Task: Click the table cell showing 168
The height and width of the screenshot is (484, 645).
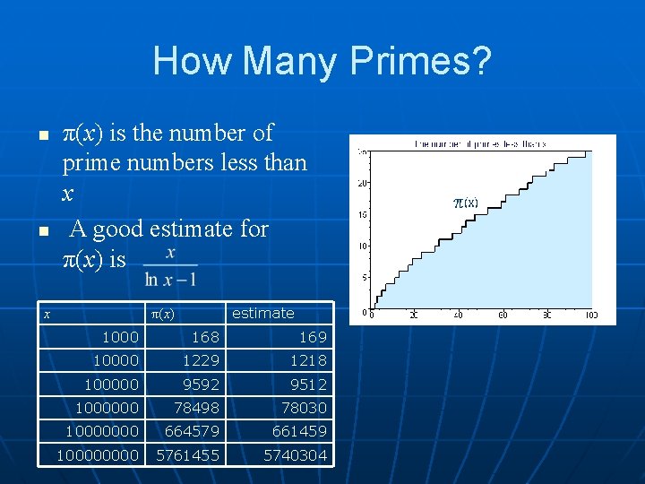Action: [205, 337]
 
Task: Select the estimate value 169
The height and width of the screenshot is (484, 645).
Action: [312, 337]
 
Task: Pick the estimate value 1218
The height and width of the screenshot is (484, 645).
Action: [307, 360]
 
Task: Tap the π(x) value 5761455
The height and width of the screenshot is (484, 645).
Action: [187, 455]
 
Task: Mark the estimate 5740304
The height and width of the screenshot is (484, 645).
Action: [295, 455]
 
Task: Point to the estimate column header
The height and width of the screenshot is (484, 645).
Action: [262, 313]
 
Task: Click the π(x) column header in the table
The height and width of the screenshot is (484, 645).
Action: [161, 313]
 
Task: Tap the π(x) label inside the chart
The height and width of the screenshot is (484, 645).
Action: [466, 203]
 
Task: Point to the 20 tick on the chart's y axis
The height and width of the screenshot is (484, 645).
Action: [362, 183]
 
